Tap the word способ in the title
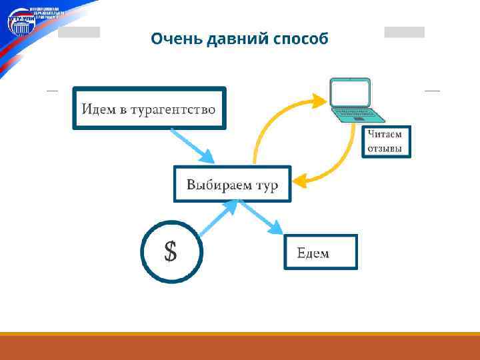(301, 39)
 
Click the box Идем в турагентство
(149, 108)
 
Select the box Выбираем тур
(233, 184)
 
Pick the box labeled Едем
(320, 252)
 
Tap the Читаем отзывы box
(386, 141)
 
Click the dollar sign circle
(171, 251)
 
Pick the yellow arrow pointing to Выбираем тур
(333, 163)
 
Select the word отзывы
(386, 149)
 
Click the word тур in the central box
(266, 185)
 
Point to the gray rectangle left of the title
(79, 32)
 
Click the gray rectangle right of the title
(404, 32)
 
